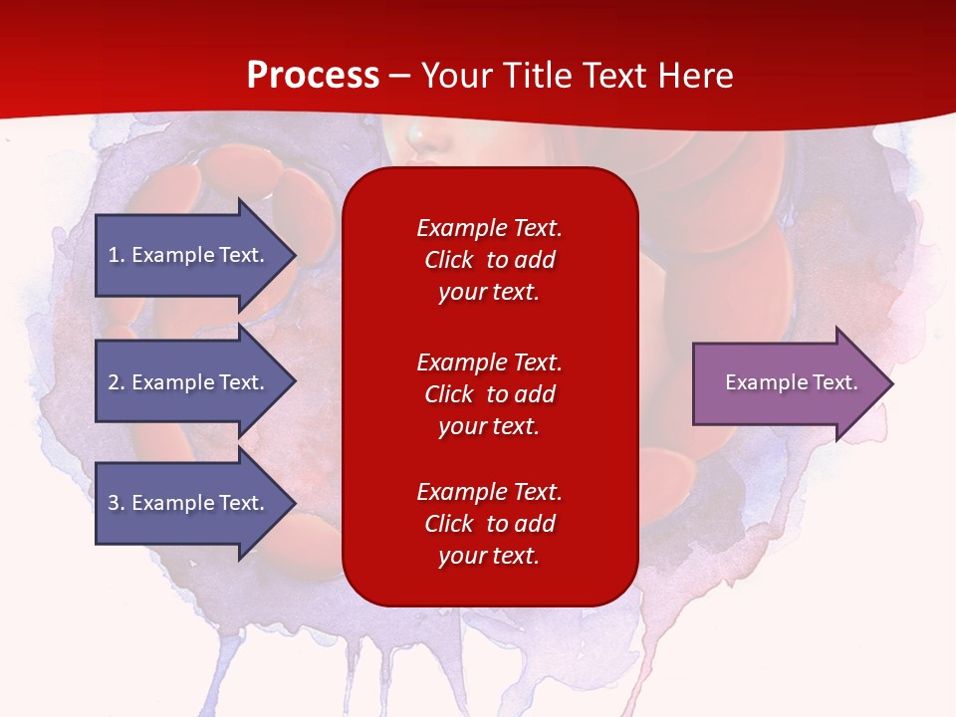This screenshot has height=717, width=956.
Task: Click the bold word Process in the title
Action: (313, 76)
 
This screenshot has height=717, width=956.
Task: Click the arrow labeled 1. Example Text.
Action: (196, 255)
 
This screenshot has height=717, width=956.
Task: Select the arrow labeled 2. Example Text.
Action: (196, 381)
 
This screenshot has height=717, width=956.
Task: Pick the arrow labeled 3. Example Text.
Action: (196, 503)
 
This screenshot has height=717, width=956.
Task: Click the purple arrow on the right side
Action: (794, 383)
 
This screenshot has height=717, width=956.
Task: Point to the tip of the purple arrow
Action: (893, 383)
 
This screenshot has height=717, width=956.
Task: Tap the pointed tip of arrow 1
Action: (297, 255)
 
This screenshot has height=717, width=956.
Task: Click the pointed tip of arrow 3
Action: (297, 504)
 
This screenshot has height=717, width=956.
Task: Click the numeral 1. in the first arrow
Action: (117, 255)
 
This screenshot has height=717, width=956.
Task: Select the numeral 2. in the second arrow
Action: (117, 382)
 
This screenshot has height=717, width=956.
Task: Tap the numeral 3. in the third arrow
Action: (117, 502)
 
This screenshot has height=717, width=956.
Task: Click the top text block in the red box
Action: (490, 260)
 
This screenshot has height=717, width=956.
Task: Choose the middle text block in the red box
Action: (490, 394)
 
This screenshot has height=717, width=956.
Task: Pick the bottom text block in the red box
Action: (490, 524)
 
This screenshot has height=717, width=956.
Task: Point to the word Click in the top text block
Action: (449, 260)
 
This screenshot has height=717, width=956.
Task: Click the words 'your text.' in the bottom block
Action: (489, 556)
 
